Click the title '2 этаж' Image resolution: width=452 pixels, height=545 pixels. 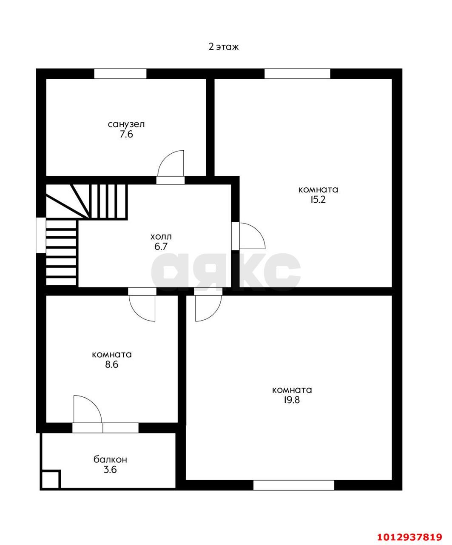223,47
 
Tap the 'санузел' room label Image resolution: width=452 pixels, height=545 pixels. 126,124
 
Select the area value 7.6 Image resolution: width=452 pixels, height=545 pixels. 126,134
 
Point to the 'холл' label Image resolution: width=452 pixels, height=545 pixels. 161,237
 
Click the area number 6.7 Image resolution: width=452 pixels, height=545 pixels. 161,247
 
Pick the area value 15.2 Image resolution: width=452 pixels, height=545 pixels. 318,200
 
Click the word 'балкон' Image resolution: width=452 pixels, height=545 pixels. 110,459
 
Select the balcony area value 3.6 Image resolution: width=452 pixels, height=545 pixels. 110,470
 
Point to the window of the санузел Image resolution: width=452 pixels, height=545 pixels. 120,74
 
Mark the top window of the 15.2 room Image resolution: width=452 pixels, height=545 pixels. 297,74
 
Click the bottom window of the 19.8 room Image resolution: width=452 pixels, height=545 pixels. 294,485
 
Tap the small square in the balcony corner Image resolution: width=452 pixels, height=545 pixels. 50,479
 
